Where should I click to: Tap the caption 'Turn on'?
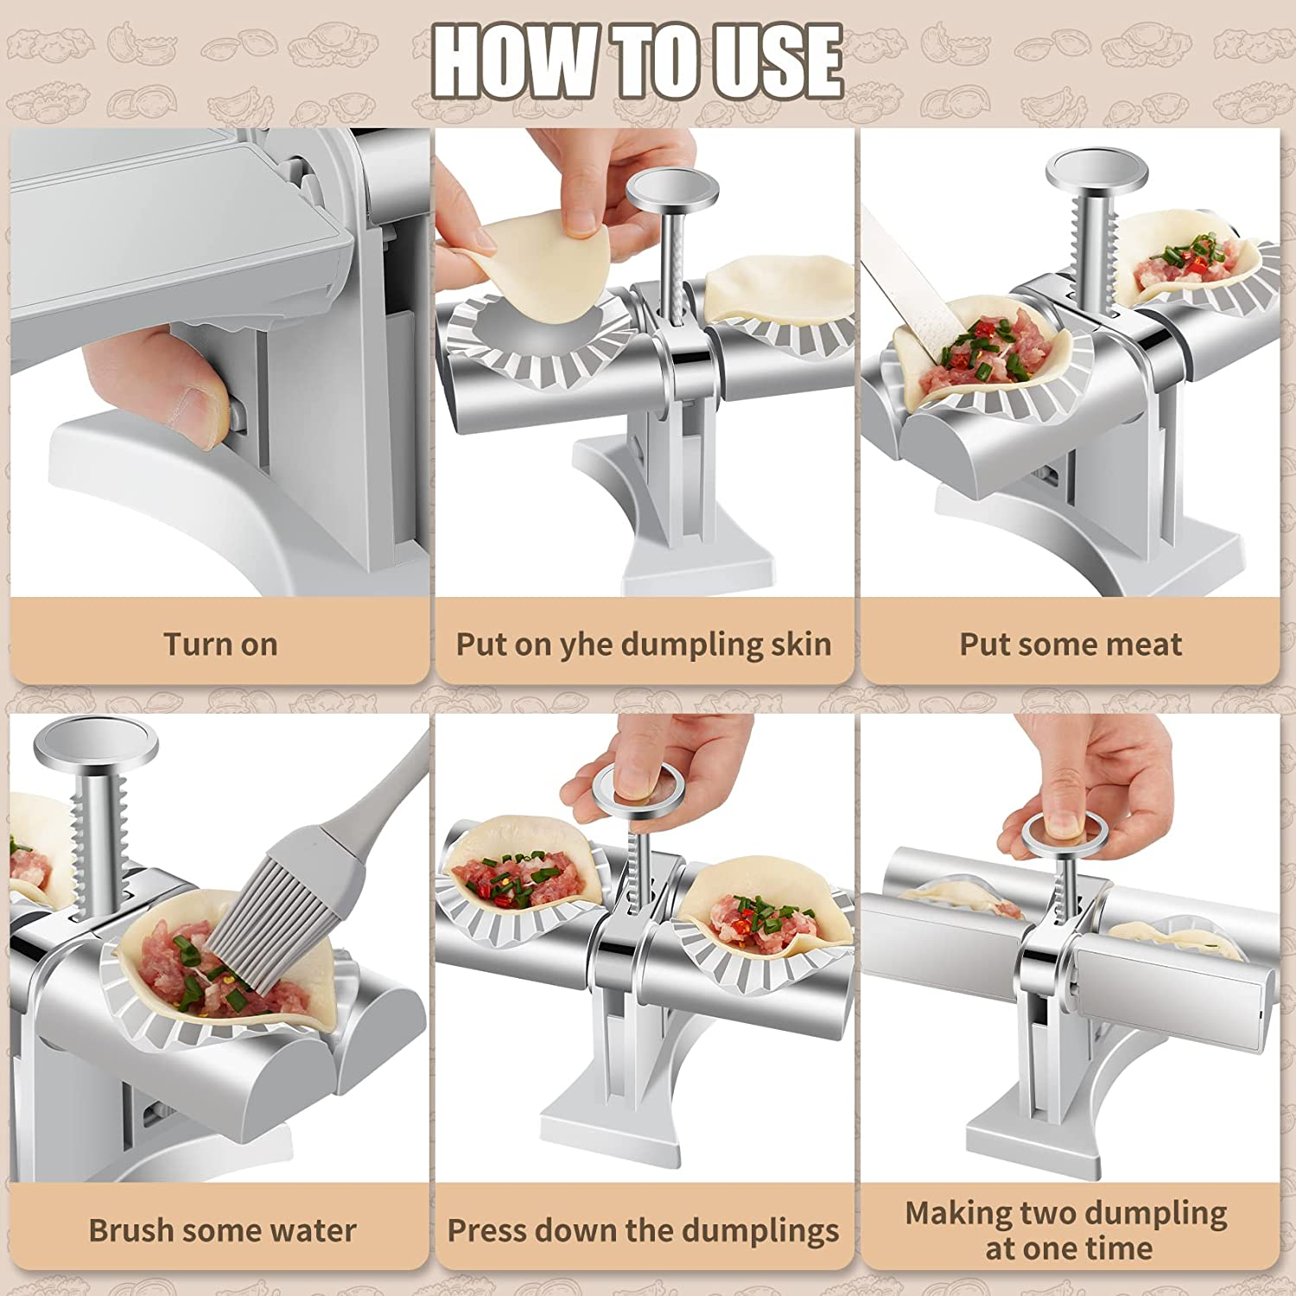[x=220, y=645]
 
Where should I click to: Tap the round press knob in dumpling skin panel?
[x=672, y=187]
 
